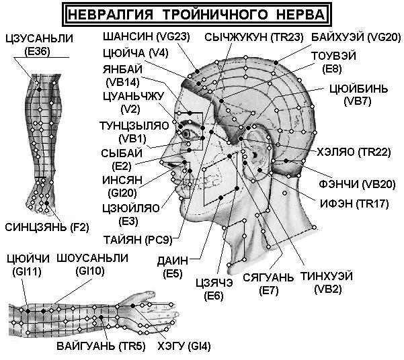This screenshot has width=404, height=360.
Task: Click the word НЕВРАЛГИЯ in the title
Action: click(x=111, y=14)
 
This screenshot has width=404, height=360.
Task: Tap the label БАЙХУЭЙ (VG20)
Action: click(x=356, y=38)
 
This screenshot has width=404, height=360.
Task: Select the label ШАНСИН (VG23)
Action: click(x=147, y=37)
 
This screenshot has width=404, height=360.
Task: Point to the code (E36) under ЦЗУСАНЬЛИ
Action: click(x=38, y=52)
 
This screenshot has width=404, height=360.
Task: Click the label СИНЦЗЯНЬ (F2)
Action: click(x=47, y=228)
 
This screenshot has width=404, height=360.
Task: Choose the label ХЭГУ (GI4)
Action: click(x=184, y=346)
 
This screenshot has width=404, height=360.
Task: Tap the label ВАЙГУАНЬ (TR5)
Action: click(x=101, y=346)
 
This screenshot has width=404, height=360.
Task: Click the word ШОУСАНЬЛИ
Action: click(x=92, y=259)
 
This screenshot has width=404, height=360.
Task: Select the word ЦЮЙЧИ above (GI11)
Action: click(x=28, y=259)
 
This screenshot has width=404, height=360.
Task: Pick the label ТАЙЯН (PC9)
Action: click(x=138, y=240)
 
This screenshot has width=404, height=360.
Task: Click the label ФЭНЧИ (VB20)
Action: click(x=357, y=185)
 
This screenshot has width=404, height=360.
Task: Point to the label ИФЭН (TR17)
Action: click(x=354, y=204)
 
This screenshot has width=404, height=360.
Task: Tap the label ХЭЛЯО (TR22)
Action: click(x=354, y=152)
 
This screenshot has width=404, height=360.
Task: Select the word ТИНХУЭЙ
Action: click(x=327, y=277)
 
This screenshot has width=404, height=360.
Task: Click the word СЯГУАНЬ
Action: click(x=268, y=277)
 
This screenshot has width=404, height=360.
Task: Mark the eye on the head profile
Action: click(x=186, y=134)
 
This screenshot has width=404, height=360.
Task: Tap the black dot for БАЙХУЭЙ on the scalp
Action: click(x=276, y=62)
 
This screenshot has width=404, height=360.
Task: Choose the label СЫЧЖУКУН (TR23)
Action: click(x=254, y=38)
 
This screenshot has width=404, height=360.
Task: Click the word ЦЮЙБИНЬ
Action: click(x=358, y=89)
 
